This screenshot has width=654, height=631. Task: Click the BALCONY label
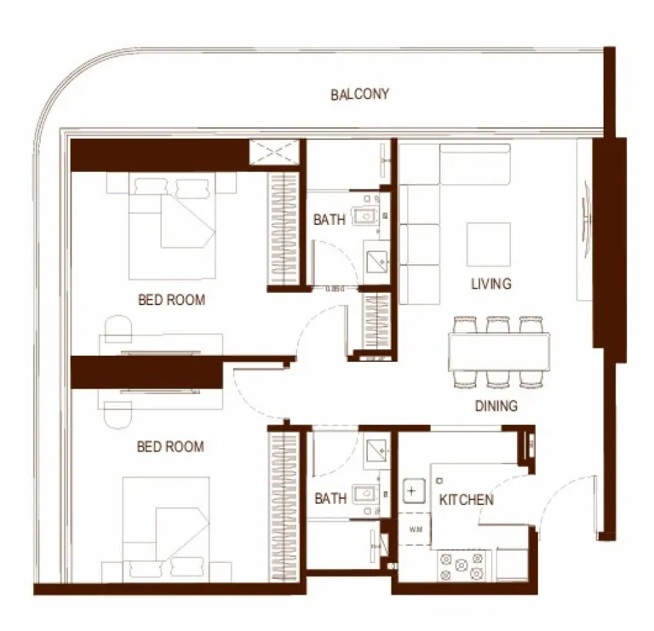pos(359,94)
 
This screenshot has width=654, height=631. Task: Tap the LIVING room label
pos(490,283)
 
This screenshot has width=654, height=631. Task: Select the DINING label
pos(496,406)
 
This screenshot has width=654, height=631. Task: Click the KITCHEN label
pos(465,499)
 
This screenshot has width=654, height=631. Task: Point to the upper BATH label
pos(329,220)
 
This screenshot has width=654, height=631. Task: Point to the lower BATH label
pos(330,498)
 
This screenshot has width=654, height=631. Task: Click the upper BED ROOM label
pos(171,300)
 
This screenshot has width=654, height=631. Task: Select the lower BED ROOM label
pos(171,445)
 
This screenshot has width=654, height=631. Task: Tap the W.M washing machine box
pos(415,531)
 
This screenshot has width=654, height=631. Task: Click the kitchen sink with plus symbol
pos(413,492)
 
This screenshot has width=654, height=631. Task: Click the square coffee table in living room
pos(489,244)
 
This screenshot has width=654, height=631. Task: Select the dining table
pos(499,350)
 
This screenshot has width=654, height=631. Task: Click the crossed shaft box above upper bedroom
pos(274,153)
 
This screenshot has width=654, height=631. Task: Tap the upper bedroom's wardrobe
pos(284,228)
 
